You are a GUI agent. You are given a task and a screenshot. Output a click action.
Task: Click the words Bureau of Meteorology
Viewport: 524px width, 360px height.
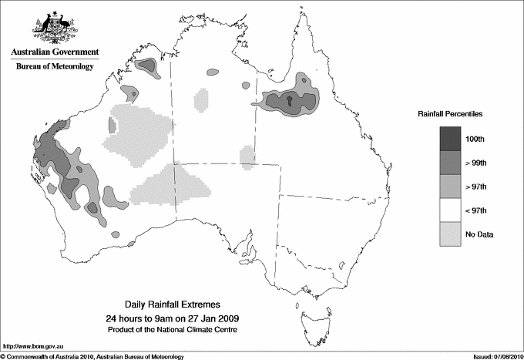(x=55, y=67)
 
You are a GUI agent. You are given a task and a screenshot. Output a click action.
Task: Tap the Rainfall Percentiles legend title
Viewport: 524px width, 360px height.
(x=450, y=113)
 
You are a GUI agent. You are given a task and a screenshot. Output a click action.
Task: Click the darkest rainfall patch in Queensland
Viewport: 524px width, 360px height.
(x=289, y=102)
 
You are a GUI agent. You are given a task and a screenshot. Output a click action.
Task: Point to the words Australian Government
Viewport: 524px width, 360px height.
(x=55, y=52)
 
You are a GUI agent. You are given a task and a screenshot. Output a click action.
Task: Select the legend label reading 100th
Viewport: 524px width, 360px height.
(x=475, y=138)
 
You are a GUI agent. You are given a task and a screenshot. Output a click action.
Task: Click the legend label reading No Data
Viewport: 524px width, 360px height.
(x=479, y=234)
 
